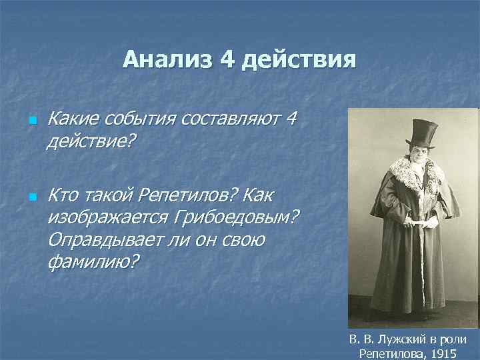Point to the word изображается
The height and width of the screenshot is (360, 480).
(x=109, y=218)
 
